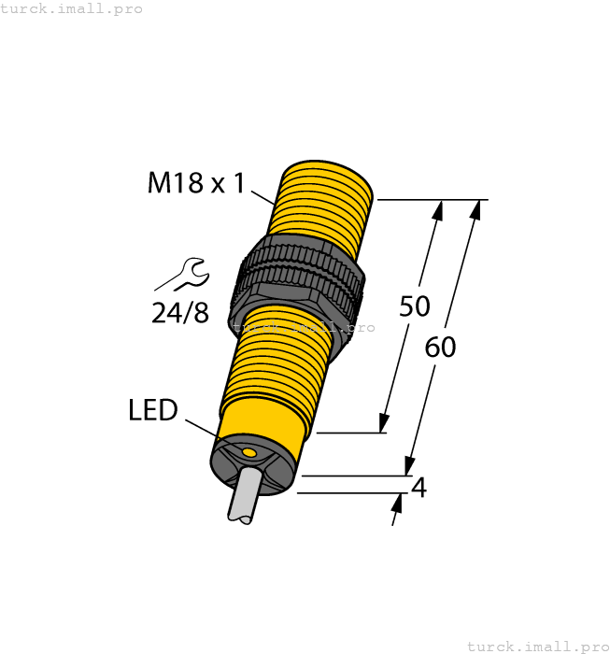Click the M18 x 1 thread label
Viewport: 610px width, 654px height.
pos(195,182)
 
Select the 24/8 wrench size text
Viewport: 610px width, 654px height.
pos(180,312)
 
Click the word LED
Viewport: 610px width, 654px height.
pos(152,410)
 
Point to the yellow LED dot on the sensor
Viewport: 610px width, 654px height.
pos(248,453)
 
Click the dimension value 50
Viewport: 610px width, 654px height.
pos(414,306)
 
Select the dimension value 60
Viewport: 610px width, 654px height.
pos(440,348)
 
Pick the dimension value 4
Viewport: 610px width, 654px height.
pos(419,488)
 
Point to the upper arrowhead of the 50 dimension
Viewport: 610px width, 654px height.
pos(436,209)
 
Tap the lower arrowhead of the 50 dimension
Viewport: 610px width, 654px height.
pos(383,422)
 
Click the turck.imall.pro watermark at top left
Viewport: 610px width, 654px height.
pos(72,8)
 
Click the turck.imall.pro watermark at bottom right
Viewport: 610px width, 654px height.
pos(536,646)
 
